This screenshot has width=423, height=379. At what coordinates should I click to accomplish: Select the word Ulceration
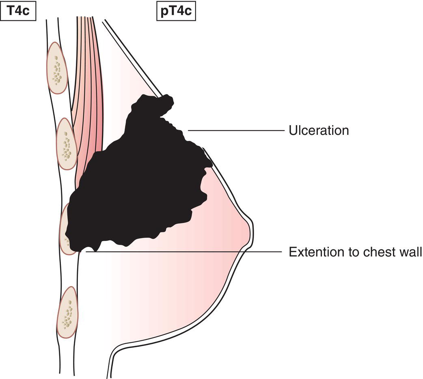click(319, 131)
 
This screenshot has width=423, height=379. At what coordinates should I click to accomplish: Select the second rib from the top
click(66, 144)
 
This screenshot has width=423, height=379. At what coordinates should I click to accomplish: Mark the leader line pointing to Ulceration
click(235, 131)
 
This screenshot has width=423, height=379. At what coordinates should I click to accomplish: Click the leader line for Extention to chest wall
click(183, 252)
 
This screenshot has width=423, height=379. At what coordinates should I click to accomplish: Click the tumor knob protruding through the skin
click(164, 105)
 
